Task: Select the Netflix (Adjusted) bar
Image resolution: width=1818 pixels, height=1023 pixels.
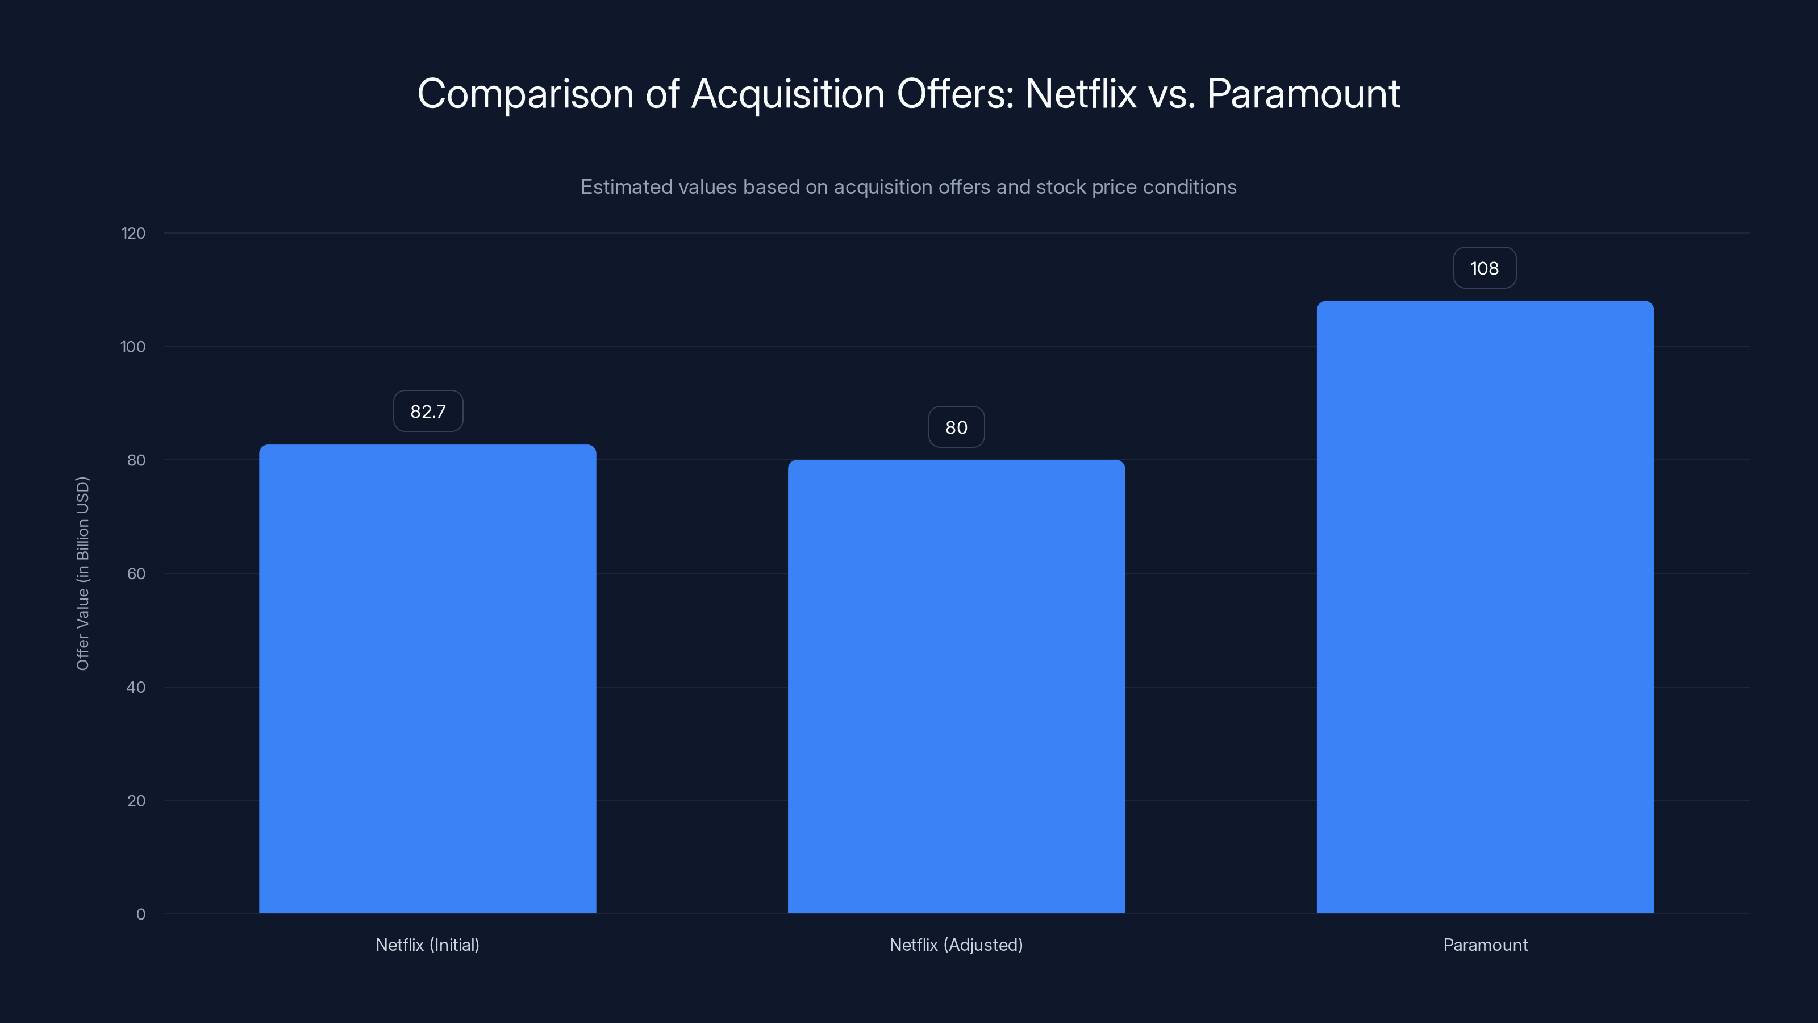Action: (956, 686)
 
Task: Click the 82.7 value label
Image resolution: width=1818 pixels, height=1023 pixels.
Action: (428, 411)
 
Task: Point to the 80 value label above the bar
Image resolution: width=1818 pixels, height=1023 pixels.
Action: (956, 427)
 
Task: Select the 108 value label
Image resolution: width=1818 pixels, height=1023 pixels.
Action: (1484, 268)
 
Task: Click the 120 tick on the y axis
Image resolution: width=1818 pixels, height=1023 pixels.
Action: (133, 234)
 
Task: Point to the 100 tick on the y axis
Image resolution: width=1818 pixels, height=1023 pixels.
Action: (133, 347)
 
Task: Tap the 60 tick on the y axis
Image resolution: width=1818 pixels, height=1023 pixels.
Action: (136, 574)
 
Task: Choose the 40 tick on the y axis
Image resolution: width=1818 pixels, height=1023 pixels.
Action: (136, 688)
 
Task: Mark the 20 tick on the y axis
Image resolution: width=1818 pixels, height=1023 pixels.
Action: (136, 801)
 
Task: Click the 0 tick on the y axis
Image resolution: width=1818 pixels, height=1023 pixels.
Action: (140, 914)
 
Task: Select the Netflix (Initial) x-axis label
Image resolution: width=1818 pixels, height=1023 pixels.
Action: (427, 945)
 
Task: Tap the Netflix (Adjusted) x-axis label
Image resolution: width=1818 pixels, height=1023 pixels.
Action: (956, 945)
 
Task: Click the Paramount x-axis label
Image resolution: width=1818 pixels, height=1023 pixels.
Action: (1485, 945)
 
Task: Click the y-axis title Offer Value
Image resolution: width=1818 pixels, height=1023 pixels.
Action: (82, 573)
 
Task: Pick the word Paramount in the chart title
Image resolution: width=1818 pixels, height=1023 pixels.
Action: (1303, 94)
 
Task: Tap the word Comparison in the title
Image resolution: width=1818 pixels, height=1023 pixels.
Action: (525, 94)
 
